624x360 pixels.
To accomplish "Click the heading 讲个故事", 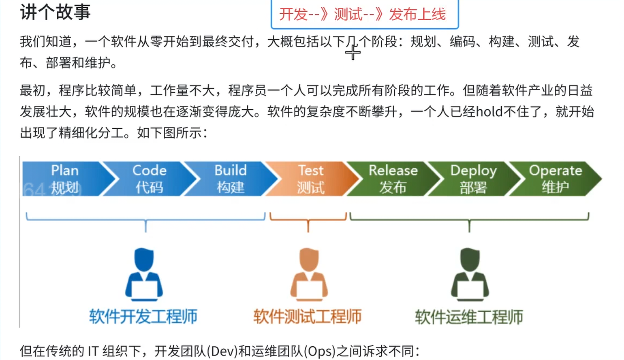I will tap(55, 12).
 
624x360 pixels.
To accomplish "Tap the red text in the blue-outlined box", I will tap(362, 15).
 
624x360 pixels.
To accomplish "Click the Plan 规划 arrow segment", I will tap(65, 179).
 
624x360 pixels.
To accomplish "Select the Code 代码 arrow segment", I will tap(150, 179).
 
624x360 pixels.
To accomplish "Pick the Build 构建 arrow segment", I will tap(230, 179).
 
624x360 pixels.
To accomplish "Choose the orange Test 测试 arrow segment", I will tap(311, 179).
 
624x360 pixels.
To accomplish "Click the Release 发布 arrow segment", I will tap(393, 179).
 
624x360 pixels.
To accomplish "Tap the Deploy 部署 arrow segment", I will tap(473, 179).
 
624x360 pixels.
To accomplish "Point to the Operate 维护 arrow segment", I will tap(555, 179).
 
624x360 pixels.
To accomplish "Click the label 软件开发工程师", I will tap(143, 317).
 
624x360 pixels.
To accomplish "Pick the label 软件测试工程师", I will tap(308, 317).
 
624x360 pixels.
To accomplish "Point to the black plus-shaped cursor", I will tap(353, 53).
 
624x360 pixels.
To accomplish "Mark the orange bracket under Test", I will tap(308, 220).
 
